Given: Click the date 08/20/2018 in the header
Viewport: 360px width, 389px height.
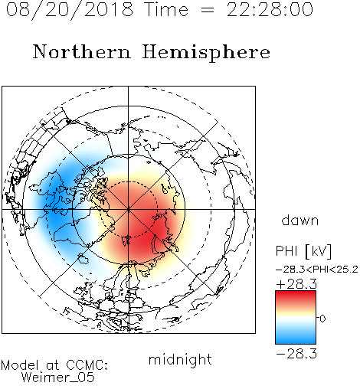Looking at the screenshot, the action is pyautogui.click(x=70, y=10).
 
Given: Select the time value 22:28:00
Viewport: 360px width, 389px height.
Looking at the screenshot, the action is pyautogui.click(x=270, y=9).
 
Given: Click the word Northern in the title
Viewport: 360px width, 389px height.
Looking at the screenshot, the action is pyautogui.click(x=81, y=51).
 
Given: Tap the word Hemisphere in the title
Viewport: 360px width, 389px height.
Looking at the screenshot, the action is pyautogui.click(x=206, y=53).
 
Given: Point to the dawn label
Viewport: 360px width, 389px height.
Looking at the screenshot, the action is pyautogui.click(x=300, y=220).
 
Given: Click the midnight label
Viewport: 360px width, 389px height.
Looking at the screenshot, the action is pyautogui.click(x=180, y=359).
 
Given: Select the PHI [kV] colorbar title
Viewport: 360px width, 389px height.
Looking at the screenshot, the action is pyautogui.click(x=303, y=251).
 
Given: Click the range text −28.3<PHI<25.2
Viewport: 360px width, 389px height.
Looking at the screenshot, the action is pyautogui.click(x=317, y=270).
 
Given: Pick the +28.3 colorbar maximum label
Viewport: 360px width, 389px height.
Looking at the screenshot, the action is pyautogui.click(x=296, y=284).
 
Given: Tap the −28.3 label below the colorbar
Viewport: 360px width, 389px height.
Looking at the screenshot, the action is pyautogui.click(x=296, y=354).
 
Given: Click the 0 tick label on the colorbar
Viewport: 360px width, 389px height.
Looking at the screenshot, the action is pyautogui.click(x=322, y=319).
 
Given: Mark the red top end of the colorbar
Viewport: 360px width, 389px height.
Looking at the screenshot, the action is pyautogui.click(x=296, y=292).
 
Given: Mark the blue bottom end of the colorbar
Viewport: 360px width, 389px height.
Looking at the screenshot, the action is pyautogui.click(x=296, y=342).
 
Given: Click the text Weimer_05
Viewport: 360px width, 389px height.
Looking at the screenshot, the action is pyautogui.click(x=58, y=378).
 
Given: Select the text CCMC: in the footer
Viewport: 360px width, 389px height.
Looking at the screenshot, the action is pyautogui.click(x=87, y=365).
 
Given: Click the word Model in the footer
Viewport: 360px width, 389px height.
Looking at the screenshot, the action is pyautogui.click(x=20, y=365).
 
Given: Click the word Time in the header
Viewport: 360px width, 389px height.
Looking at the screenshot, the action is pyautogui.click(x=166, y=9).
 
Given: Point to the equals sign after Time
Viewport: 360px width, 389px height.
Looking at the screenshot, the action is pyautogui.click(x=208, y=10).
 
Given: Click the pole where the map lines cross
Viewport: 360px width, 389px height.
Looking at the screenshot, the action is pyautogui.click(x=128, y=209).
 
